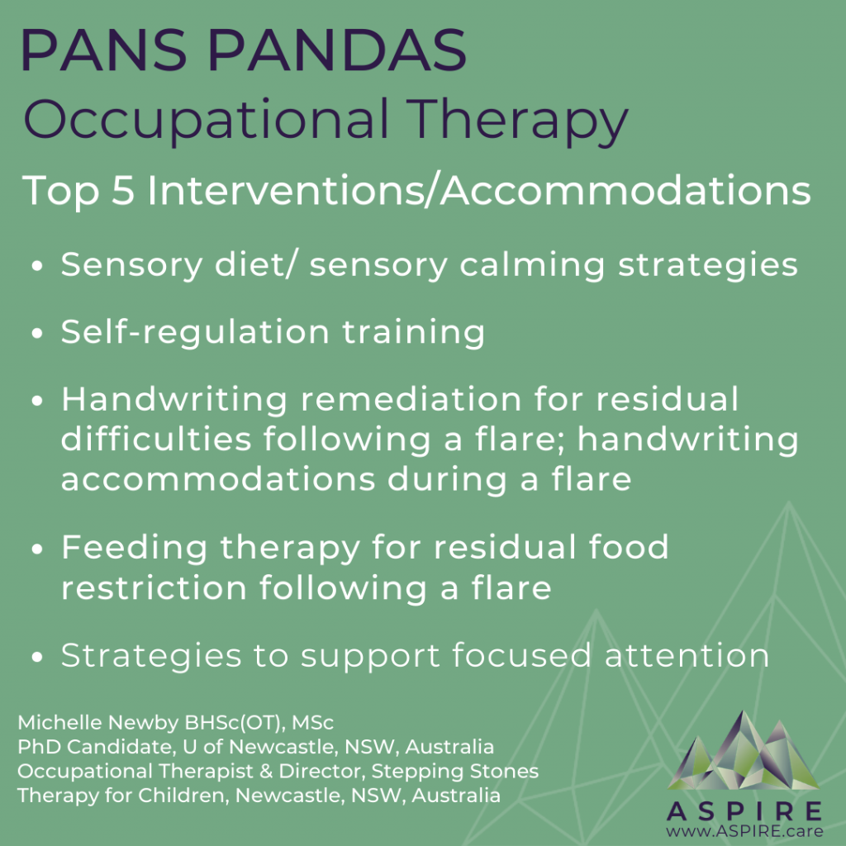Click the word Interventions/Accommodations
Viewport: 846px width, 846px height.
(x=479, y=191)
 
